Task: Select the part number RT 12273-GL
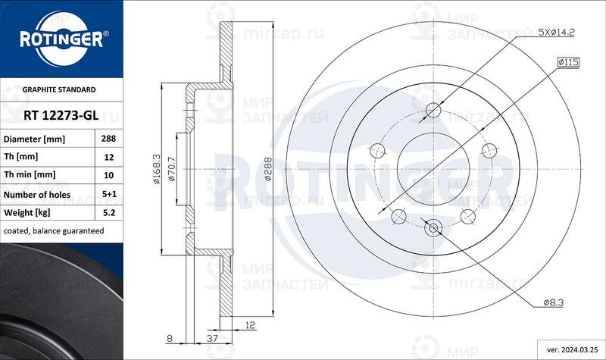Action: (x=60, y=115)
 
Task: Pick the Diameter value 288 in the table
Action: (x=108, y=139)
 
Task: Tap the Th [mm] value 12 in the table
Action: (x=108, y=158)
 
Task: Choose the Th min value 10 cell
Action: (x=108, y=175)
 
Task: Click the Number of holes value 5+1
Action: (x=108, y=193)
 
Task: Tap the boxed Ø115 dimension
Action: (x=568, y=62)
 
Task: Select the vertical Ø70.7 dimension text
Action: (x=171, y=171)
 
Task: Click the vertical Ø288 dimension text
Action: (x=267, y=171)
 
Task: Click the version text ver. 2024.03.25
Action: (x=572, y=350)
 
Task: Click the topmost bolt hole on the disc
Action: (x=433, y=111)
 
